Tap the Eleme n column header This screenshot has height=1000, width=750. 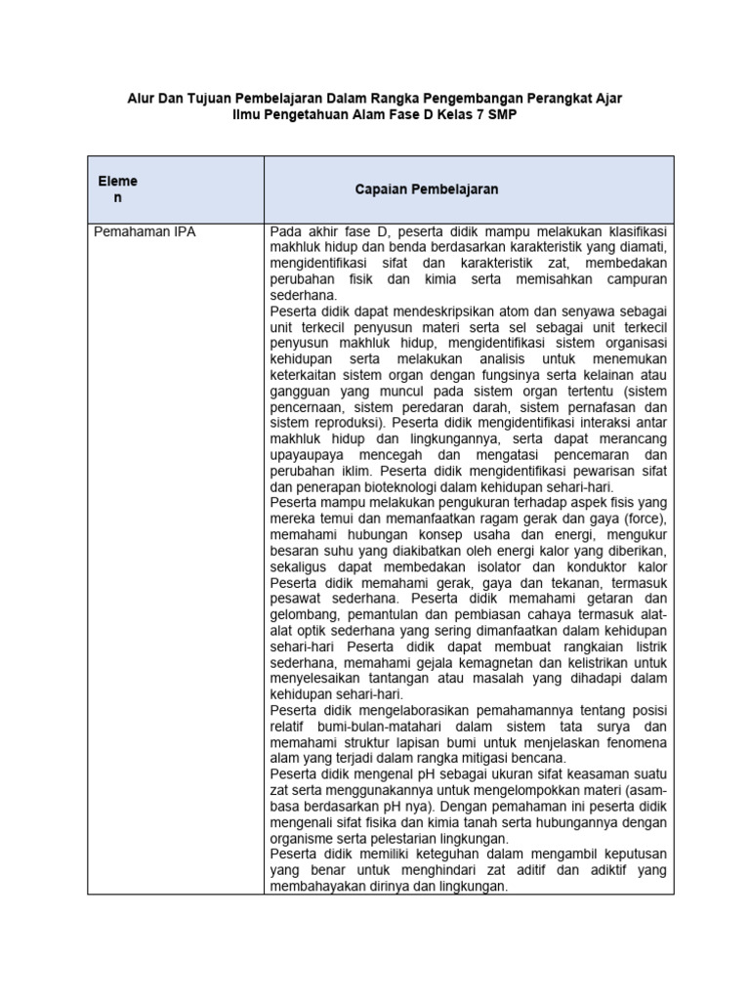[x=117, y=189]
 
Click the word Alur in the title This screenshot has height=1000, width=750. [x=144, y=99]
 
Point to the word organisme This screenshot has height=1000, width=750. [x=305, y=837]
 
